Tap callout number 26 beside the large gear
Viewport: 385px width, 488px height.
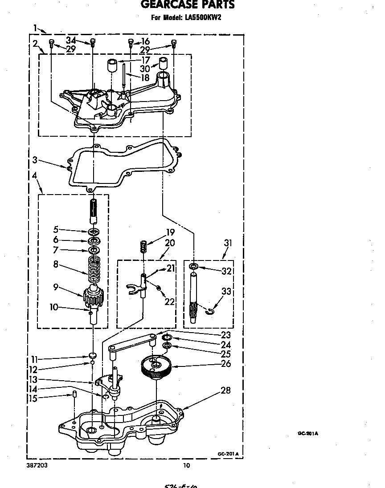tap(226, 364)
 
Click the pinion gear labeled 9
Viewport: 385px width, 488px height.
tap(93, 297)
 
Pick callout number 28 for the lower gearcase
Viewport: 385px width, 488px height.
tap(226, 390)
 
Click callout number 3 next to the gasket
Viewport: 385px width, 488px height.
tap(35, 159)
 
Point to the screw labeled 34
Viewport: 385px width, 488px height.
tap(93, 42)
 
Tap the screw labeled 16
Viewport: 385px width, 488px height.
tap(131, 42)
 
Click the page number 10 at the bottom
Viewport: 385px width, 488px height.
tap(187, 466)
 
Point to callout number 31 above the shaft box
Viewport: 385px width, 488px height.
tap(228, 243)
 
